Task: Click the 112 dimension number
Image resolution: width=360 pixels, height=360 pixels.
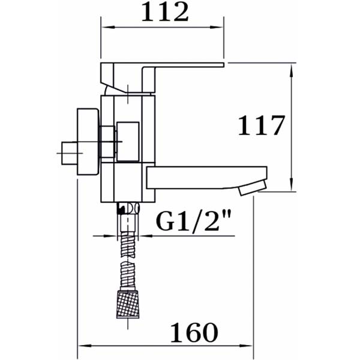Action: coord(166,12)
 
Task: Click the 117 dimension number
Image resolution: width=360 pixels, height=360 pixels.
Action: coord(262,125)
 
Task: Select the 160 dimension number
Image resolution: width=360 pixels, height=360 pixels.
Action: coord(194,332)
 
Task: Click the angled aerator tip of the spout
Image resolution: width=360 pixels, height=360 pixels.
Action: coord(253,188)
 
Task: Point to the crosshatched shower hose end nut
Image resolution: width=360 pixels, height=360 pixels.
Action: coord(128,304)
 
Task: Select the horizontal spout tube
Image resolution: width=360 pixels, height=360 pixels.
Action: coord(206,178)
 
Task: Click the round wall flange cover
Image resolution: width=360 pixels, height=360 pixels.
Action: coord(88,142)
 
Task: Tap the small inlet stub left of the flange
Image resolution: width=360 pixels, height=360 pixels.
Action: coord(70,153)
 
